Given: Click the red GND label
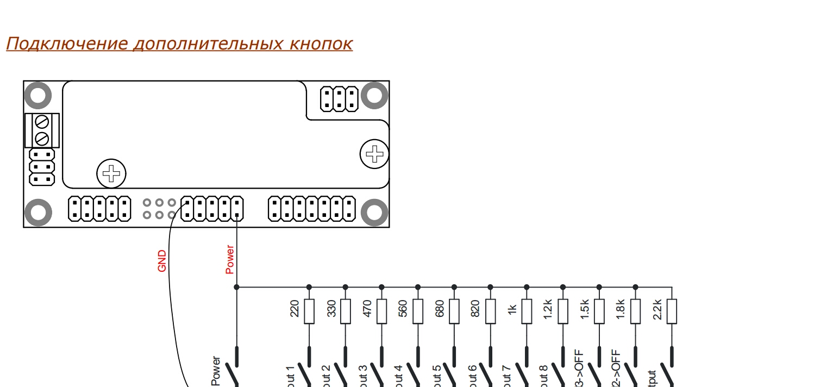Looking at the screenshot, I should click(161, 261).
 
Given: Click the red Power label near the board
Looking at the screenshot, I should click(230, 259).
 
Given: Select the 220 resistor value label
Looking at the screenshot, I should click(295, 309).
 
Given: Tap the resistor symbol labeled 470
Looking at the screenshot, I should click(381, 311).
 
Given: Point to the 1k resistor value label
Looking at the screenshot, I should click(512, 309).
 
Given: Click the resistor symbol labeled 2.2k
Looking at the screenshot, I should click(672, 311).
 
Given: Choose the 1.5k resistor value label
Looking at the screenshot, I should click(584, 309).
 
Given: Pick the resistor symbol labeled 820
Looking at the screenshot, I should click(490, 311).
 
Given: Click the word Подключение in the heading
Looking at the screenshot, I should click(66, 43).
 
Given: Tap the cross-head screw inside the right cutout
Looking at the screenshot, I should click(374, 154).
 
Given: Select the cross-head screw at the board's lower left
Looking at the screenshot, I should click(111, 174).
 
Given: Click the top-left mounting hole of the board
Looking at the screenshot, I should click(38, 95).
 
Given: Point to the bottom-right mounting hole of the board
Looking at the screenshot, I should click(374, 213).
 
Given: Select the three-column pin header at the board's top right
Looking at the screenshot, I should click(340, 98).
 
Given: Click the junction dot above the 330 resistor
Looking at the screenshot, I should click(345, 287).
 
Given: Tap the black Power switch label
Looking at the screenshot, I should click(216, 371).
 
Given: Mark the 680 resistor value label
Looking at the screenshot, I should click(440, 309).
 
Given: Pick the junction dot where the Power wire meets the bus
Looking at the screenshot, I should click(236, 287).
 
